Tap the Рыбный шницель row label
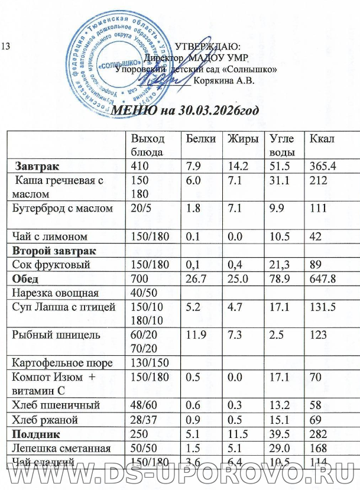pos(52,334)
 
